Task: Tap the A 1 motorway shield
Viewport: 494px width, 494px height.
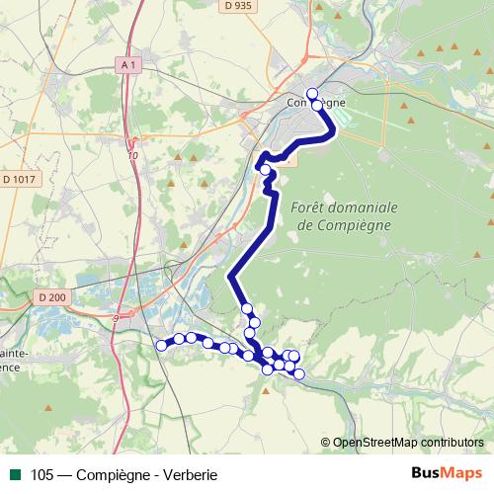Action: point(126,64)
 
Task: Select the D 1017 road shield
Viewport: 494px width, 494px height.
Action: point(19,179)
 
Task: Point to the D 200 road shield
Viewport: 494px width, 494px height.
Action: point(52,296)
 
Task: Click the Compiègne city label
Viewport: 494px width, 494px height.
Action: point(315,103)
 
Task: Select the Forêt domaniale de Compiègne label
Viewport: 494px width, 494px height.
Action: point(345,216)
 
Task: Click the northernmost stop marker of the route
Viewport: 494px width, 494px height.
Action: point(313,94)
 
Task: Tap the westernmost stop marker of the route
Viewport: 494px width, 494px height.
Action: point(162,345)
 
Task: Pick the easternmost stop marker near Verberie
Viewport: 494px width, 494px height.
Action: point(299,373)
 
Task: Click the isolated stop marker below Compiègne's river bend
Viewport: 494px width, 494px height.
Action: point(265,170)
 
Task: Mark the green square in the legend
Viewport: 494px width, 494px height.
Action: point(15,474)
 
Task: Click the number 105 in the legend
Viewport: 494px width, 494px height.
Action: point(42,474)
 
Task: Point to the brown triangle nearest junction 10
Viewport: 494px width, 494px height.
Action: point(177,157)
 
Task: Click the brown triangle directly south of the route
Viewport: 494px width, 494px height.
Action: point(267,390)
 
